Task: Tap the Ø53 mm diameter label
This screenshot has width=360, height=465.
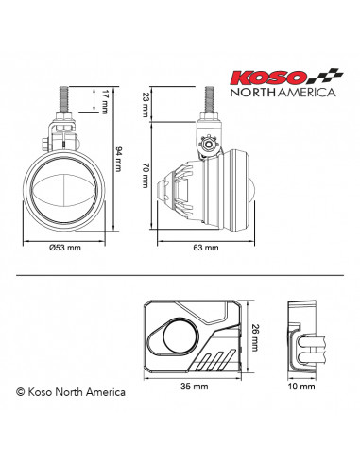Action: (x=63, y=248)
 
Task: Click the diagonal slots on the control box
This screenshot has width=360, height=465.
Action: (x=214, y=359)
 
